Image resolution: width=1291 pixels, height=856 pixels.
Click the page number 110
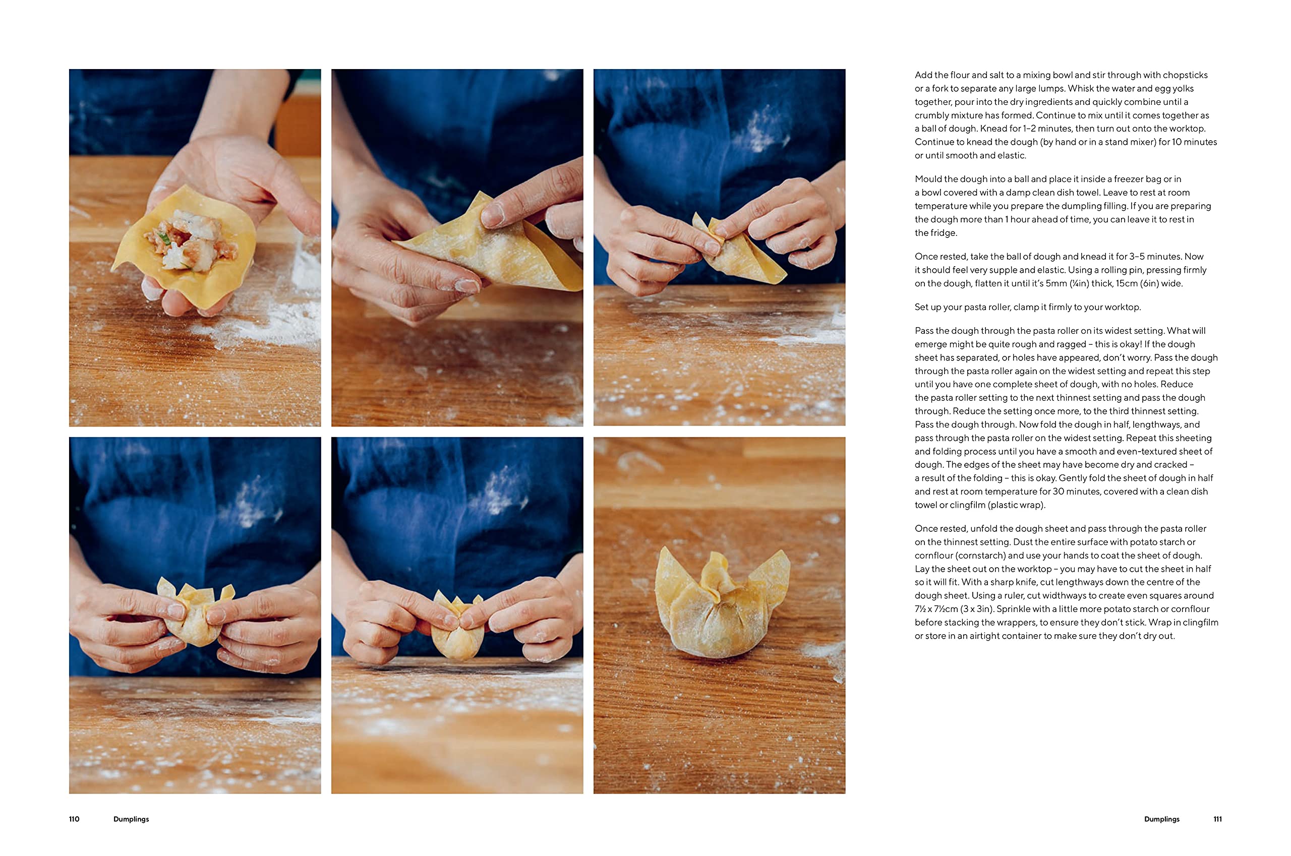[74, 819]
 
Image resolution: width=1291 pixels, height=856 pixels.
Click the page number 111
[1217, 819]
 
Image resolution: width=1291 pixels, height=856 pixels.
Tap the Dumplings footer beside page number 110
[131, 819]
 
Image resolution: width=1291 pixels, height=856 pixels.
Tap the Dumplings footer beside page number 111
[1161, 819]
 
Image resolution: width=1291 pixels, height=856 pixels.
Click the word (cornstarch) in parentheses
[973, 556]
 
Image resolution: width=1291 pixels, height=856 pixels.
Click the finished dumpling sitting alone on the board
[722, 603]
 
